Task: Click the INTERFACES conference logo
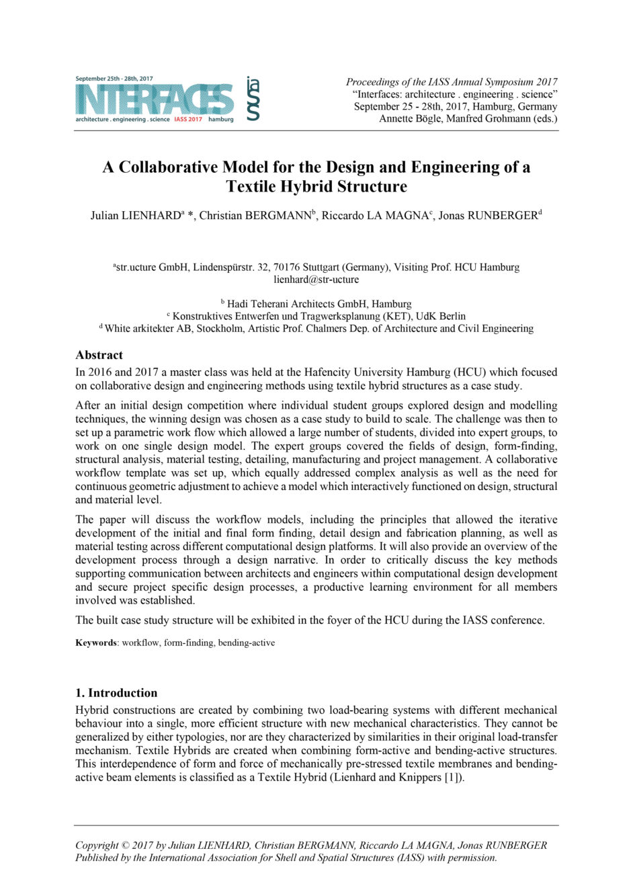[155, 99]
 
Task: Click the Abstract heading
[99, 355]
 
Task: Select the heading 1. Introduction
[116, 693]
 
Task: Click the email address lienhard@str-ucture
[316, 280]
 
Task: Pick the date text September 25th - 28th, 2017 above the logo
[114, 79]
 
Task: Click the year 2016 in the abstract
[100, 372]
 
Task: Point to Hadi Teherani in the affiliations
[263, 304]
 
